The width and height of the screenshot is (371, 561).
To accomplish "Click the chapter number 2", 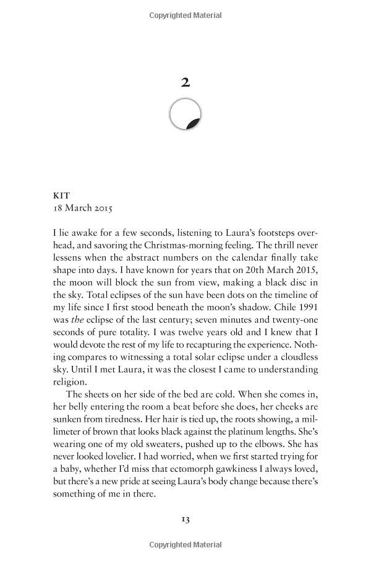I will pyautogui.click(x=185, y=81).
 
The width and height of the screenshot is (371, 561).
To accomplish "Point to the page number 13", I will pyautogui.click(x=185, y=518).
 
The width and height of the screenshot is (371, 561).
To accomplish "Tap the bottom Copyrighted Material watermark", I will pyautogui.click(x=185, y=545).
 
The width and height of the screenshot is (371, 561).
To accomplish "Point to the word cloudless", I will pyautogui.click(x=296, y=357).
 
